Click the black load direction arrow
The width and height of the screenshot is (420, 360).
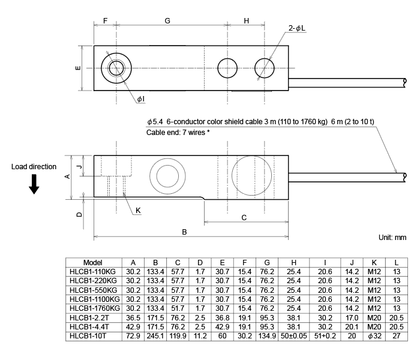pyautogui.click(x=34, y=184)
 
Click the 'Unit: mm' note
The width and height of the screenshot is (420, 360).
pyautogui.click(x=392, y=238)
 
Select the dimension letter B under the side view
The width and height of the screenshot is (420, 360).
pyautogui.click(x=184, y=232)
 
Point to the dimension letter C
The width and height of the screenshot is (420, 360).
pyautogui.click(x=244, y=217)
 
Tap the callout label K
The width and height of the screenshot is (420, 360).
pyautogui.click(x=138, y=211)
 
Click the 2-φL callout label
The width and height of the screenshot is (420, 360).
pyautogui.click(x=297, y=28)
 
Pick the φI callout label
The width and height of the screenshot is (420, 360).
pyautogui.click(x=140, y=99)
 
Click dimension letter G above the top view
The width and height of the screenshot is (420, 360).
pyautogui.click(x=167, y=21)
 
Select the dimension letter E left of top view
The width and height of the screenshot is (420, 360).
pyautogui.click(x=78, y=68)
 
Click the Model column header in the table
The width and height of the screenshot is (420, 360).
pyautogui.click(x=92, y=263)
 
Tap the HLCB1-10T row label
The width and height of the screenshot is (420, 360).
pyautogui.click(x=88, y=336)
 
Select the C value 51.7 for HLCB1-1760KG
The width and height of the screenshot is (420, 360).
pyautogui.click(x=178, y=308)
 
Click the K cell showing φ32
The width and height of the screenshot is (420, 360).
pyautogui.click(x=374, y=336)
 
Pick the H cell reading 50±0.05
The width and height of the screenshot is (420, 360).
pyautogui.click(x=293, y=336)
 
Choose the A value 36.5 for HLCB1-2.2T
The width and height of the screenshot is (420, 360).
pyautogui.click(x=133, y=318)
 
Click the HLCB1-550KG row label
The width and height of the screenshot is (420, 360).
pyautogui.click(x=93, y=290)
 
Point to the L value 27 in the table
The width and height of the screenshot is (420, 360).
pyautogui.click(x=397, y=336)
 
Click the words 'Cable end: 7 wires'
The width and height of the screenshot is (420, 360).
pyautogui.click(x=176, y=133)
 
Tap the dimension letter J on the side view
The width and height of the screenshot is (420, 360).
pyautogui.click(x=79, y=167)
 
